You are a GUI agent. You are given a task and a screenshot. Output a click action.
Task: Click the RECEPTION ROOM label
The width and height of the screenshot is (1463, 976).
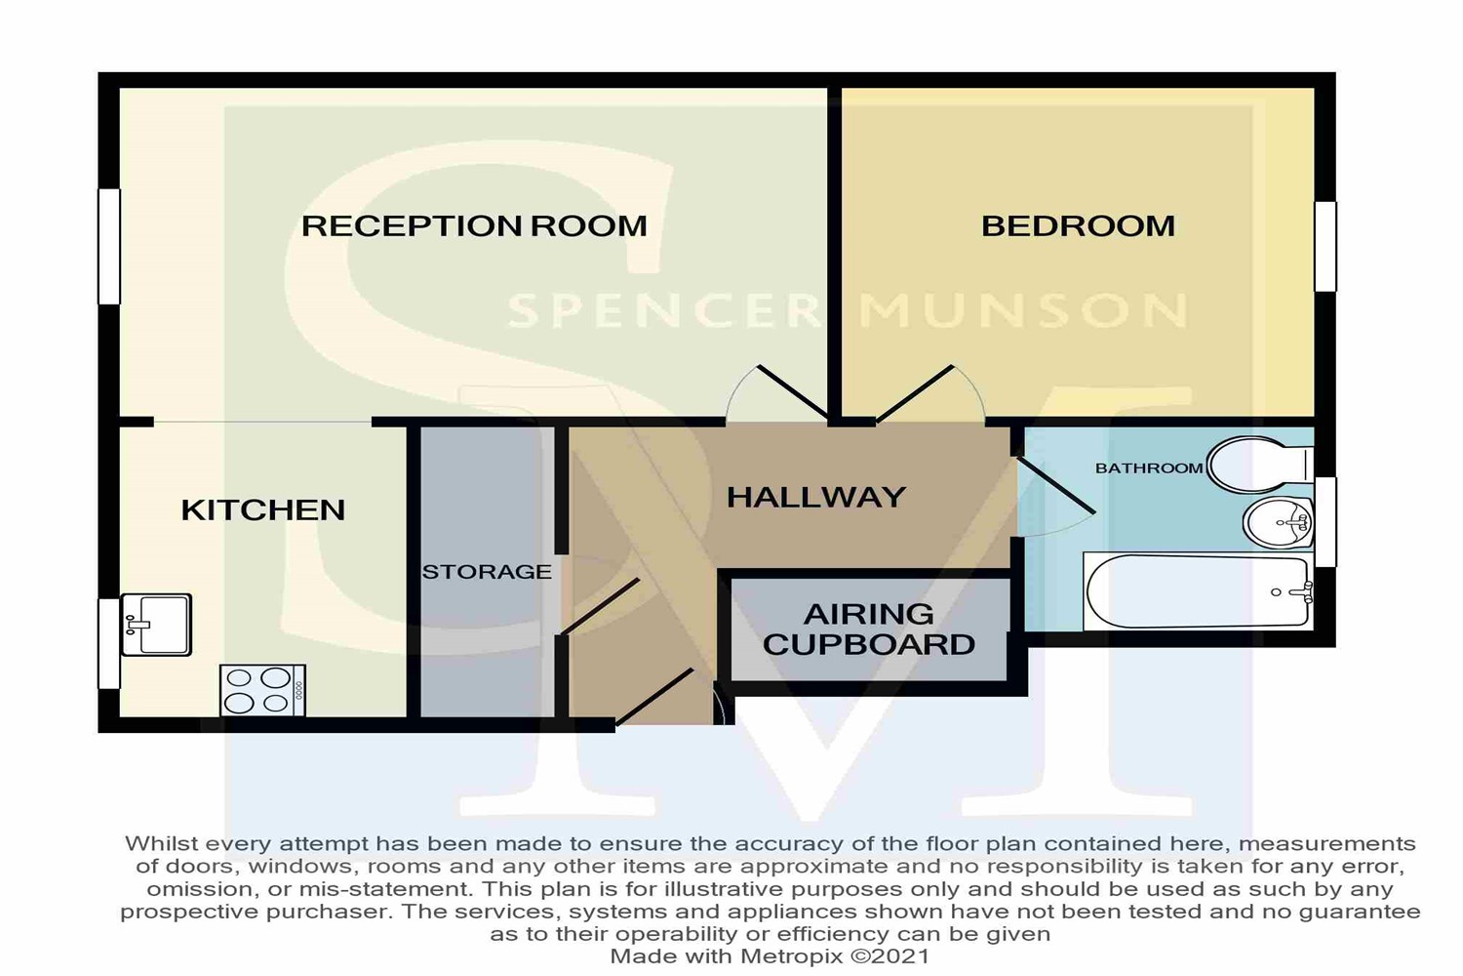(x=474, y=226)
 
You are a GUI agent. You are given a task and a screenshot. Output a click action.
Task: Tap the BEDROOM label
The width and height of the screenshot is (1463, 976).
(x=1079, y=226)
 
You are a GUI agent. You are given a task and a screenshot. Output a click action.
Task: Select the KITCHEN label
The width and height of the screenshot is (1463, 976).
(x=263, y=509)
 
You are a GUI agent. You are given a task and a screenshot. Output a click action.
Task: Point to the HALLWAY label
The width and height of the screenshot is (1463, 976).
(x=816, y=498)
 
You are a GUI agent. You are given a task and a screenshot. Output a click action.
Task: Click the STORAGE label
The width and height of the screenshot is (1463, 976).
(x=488, y=572)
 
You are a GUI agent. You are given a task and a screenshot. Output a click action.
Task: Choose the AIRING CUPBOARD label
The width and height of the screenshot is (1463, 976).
(x=869, y=629)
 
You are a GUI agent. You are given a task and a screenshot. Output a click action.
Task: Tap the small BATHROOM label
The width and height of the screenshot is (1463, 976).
(x=1149, y=468)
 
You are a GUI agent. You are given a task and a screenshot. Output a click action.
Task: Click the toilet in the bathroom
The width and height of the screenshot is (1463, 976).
(x=1260, y=465)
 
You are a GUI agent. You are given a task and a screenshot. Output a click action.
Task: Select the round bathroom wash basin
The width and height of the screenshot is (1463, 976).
(x=1278, y=523)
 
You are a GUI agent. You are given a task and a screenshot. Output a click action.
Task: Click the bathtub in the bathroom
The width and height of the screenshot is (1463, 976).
(x=1199, y=591)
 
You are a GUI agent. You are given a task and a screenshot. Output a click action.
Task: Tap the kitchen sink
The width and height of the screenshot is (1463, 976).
(x=156, y=625)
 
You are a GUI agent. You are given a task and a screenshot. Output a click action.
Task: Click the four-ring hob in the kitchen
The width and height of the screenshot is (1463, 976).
(x=262, y=690)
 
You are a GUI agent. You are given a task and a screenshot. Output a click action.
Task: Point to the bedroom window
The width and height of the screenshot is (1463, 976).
(x=1325, y=247)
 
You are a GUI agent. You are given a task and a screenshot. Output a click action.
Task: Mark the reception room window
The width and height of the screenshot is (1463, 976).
(x=109, y=247)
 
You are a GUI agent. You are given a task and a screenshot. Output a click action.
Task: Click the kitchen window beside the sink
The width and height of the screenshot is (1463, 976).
(x=109, y=644)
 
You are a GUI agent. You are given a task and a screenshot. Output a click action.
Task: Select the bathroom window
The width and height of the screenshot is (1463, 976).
(x=1325, y=521)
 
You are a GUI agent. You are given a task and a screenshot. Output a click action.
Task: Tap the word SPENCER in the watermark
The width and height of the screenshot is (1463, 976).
(x=664, y=310)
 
